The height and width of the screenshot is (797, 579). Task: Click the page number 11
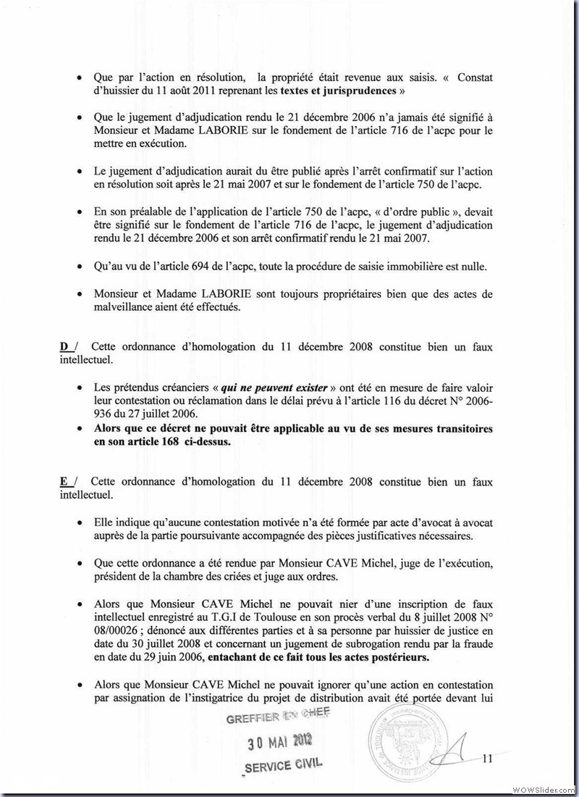486,759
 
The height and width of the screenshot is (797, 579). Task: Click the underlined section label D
65,347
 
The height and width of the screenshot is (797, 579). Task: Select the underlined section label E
64,482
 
